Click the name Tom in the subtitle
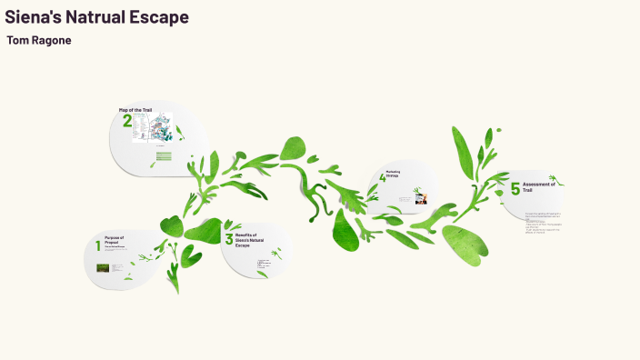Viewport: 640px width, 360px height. click(17, 41)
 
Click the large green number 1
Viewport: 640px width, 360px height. click(98, 246)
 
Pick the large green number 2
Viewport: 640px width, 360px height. click(127, 122)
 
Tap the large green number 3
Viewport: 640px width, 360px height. click(229, 239)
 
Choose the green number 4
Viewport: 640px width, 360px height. click(383, 178)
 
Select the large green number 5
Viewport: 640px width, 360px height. click(515, 189)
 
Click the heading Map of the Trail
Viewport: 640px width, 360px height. click(135, 110)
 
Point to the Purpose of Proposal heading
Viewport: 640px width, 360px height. click(114, 241)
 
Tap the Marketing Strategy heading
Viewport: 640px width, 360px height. click(394, 174)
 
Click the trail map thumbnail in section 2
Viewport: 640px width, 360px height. click(153, 126)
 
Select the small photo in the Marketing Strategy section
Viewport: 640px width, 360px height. click(421, 197)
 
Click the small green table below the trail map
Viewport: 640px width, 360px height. click(163, 156)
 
